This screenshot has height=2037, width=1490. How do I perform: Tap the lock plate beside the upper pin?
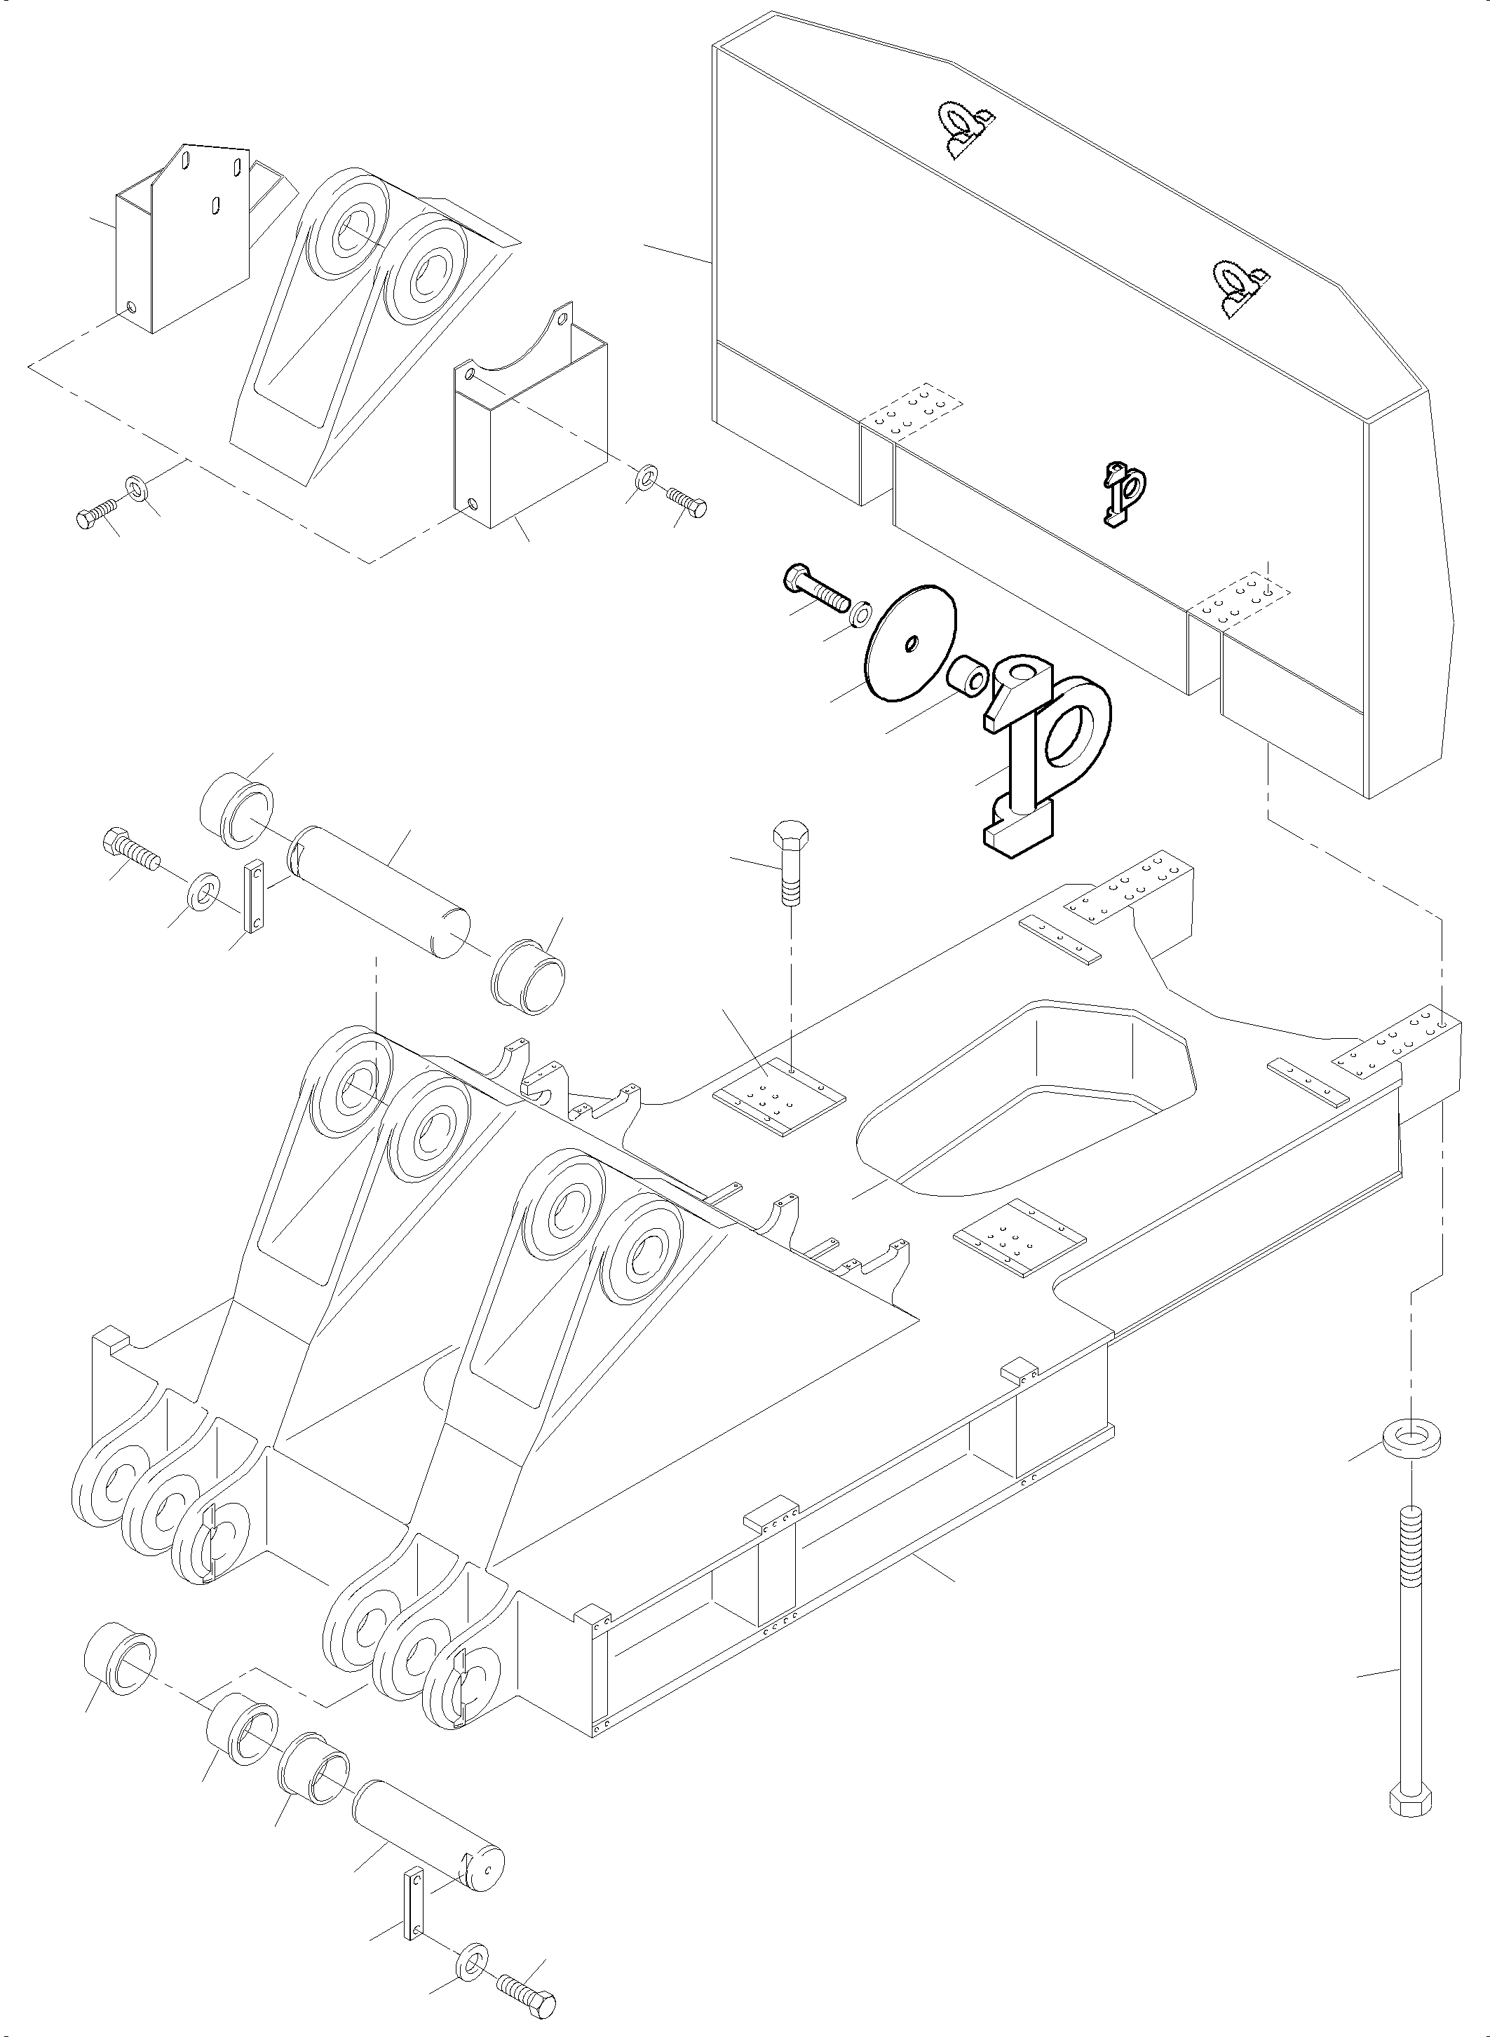(255, 897)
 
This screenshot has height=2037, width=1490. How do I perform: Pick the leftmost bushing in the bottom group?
(119, 1659)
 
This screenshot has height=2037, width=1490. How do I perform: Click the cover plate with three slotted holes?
(185, 239)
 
